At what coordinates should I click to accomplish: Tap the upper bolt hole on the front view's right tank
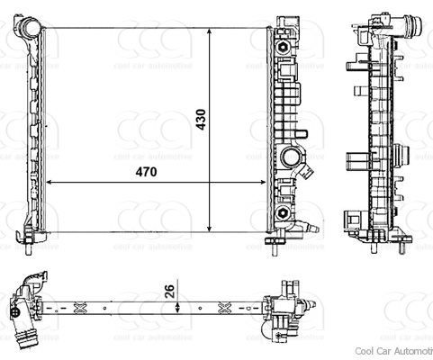click(284, 41)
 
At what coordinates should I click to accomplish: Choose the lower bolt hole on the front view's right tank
click(284, 212)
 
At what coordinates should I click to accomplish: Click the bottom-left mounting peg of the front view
click(32, 237)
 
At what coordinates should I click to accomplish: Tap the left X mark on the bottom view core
click(79, 307)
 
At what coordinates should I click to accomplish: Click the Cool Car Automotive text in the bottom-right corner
click(393, 352)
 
